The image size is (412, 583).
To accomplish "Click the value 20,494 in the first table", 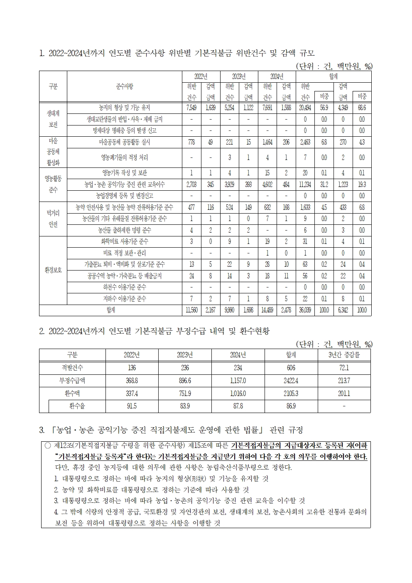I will (x=305, y=108).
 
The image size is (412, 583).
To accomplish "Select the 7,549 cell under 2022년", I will (x=191, y=108).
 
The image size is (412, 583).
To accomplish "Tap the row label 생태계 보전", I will (x=53, y=119).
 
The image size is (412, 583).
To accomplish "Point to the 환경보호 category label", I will (x=53, y=270).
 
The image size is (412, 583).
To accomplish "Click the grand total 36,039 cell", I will (x=305, y=310).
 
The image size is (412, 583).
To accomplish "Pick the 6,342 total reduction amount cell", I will (x=343, y=310).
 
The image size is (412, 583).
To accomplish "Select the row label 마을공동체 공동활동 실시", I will (x=125, y=142).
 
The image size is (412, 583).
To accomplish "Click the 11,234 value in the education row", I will (x=305, y=184).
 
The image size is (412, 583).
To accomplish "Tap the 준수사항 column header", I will (x=125, y=86).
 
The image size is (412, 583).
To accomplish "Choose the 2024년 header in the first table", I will (x=277, y=76).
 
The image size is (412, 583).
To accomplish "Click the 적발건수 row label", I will (x=72, y=368).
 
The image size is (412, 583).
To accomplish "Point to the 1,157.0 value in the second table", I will (x=238, y=381).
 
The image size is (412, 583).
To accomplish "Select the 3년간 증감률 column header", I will (x=344, y=355).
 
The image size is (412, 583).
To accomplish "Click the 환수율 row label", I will (x=77, y=406).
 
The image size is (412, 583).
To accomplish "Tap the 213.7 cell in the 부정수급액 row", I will (x=344, y=381).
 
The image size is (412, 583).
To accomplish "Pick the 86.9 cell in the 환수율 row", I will (x=291, y=406).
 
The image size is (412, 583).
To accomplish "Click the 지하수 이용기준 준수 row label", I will (x=125, y=299).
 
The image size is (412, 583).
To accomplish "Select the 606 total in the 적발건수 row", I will (x=291, y=368).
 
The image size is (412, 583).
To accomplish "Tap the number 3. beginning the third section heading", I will (x=42, y=429).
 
